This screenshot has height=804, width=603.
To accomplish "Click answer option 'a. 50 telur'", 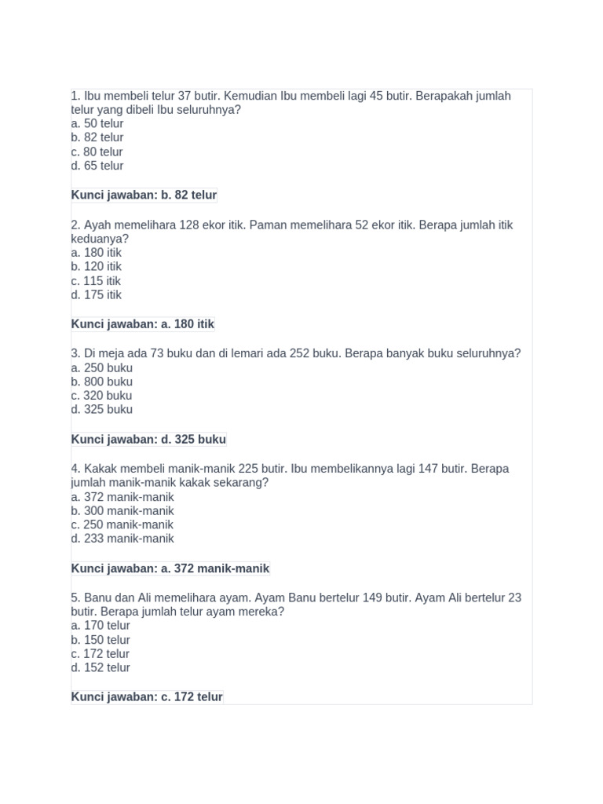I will pos(97,123).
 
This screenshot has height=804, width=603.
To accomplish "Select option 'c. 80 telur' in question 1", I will pos(97,152).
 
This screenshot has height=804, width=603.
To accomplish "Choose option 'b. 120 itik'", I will pos(96,266).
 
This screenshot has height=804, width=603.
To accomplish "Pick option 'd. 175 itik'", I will pos(96,294).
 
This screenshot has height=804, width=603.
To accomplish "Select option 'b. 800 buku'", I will pos(101,382).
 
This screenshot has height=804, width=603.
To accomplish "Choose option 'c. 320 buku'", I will pos(101,396).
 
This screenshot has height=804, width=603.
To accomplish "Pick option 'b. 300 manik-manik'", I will pos(122,510).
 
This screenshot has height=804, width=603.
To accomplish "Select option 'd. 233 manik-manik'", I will pos(122,539).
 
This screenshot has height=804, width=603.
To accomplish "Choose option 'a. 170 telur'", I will pos(100,626).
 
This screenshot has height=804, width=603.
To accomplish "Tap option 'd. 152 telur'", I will pos(100,667).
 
